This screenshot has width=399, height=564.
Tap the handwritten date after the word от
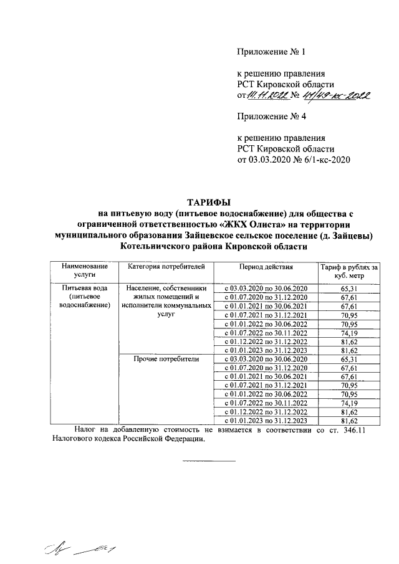point(271,95)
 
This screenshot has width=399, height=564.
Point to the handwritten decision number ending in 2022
point(336,95)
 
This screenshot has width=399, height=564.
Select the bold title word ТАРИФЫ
point(209,202)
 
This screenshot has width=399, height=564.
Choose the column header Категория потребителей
point(166,267)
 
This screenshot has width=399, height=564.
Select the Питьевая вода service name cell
point(84,297)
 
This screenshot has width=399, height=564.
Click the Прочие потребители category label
point(166,360)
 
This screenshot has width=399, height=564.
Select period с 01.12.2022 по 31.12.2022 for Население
point(266,342)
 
